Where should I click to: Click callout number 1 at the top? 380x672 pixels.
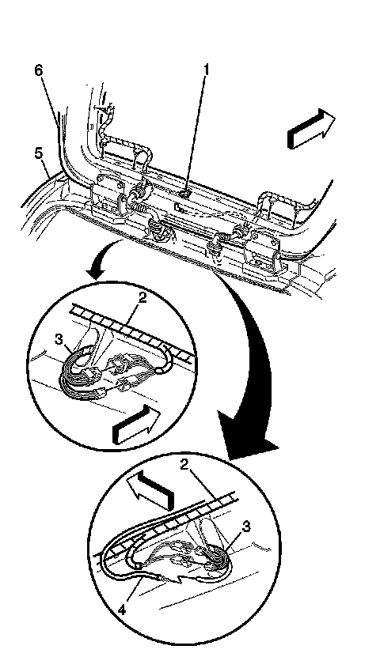(x=207, y=70)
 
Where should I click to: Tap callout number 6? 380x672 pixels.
(x=39, y=70)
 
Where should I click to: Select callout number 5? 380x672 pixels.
(x=39, y=153)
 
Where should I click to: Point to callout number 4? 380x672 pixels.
(x=123, y=610)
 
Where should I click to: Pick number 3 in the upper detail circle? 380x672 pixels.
(x=59, y=339)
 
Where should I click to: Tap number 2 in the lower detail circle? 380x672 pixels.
(x=185, y=466)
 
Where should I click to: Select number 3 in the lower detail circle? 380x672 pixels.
(x=246, y=527)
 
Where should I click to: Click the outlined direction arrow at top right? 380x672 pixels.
(x=311, y=129)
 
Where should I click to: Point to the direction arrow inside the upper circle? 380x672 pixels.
(x=135, y=425)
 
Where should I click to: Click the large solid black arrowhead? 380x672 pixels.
(x=246, y=433)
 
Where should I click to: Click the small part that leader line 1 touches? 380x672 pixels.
(x=184, y=194)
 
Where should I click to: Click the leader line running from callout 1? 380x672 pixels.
(x=196, y=134)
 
